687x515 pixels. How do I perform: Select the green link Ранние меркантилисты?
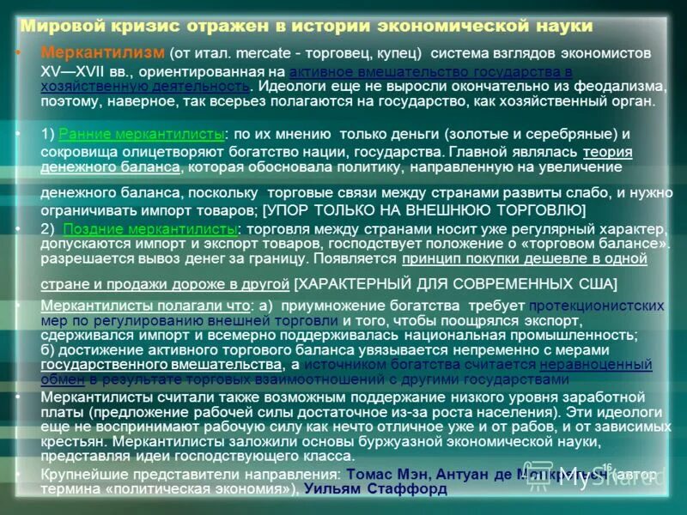142,135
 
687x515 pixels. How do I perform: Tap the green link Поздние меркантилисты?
149,229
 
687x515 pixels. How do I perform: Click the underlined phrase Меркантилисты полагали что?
145,305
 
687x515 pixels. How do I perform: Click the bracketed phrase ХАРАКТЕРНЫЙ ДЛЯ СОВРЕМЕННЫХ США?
455,283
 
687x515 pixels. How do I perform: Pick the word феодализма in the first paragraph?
622,87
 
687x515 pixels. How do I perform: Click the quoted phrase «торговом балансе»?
601,245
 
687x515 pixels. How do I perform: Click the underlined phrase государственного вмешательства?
161,364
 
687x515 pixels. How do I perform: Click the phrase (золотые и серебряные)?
530,135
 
